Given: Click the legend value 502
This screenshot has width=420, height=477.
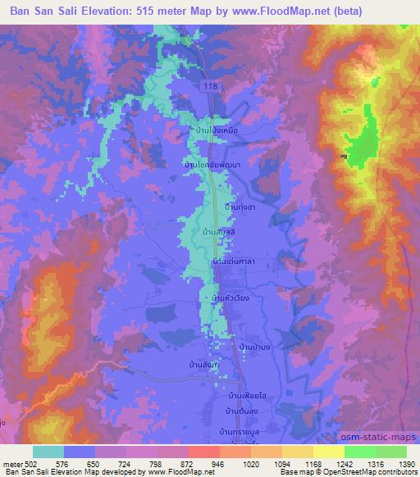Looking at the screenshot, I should (25, 465).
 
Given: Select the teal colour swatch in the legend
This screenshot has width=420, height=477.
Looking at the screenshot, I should (48, 452).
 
